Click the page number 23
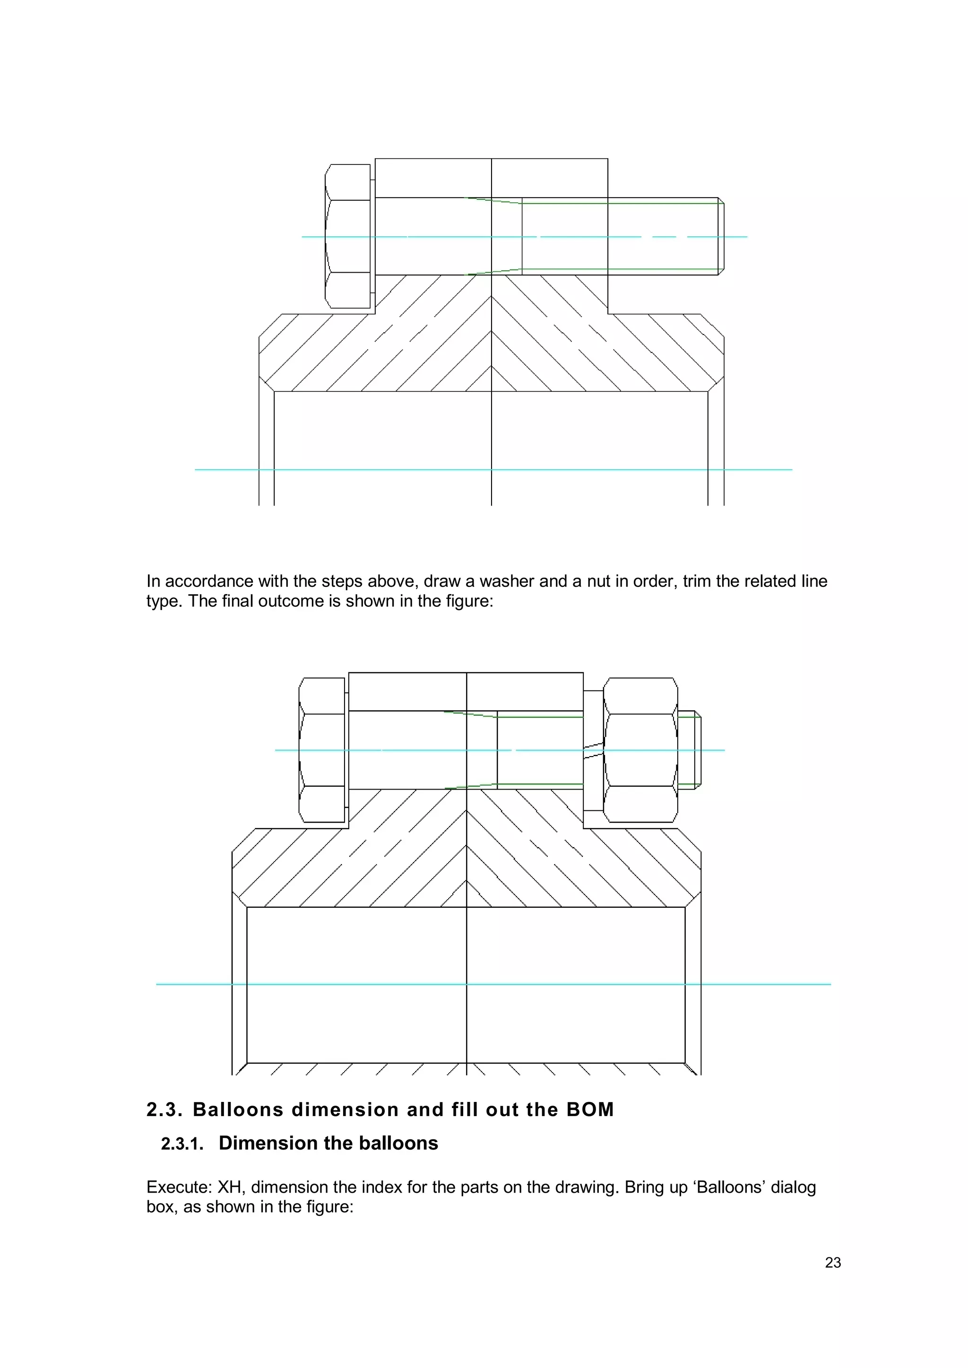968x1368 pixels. point(833,1263)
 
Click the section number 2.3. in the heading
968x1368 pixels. point(164,1110)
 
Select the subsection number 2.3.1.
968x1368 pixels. point(182,1144)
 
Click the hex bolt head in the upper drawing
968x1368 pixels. point(348,237)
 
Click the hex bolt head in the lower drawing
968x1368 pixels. point(322,750)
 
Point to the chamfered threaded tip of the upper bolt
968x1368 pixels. point(721,237)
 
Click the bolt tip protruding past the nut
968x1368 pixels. point(690,750)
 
